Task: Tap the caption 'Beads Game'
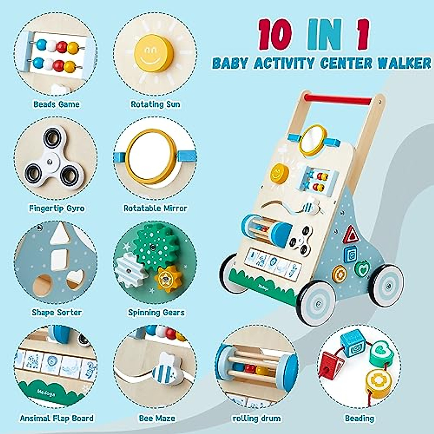[56, 105]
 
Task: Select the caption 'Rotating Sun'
[156, 105]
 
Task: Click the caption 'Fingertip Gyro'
[57, 208]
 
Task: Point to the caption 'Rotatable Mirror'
[156, 208]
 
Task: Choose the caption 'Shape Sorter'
[57, 312]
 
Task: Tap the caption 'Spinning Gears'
[156, 312]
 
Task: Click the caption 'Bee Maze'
[157, 418]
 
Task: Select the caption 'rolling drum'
[256, 418]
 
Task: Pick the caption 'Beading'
[359, 418]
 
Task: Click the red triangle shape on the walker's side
[350, 234]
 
